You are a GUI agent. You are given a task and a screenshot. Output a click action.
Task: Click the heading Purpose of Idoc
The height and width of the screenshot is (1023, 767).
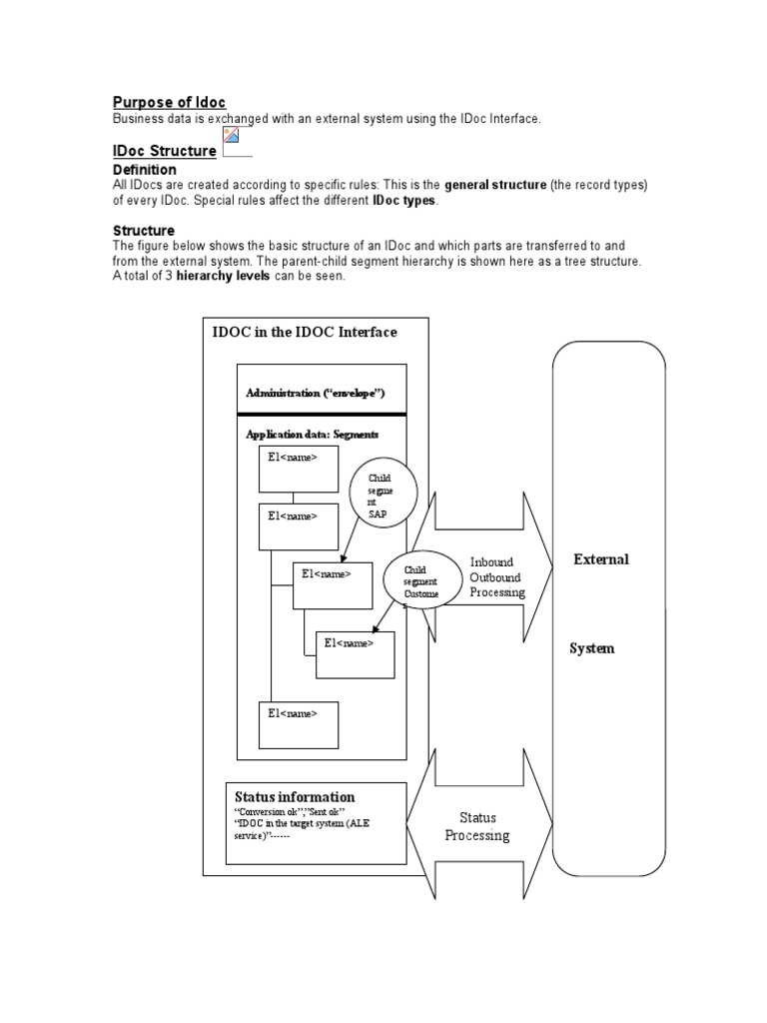coord(169,102)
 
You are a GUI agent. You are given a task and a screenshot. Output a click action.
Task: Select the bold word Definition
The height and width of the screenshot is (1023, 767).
coord(144,170)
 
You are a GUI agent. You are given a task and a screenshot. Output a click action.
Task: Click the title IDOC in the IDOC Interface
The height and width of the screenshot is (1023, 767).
coord(305,332)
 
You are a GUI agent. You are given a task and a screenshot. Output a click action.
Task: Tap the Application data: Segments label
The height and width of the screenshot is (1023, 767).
coord(312,435)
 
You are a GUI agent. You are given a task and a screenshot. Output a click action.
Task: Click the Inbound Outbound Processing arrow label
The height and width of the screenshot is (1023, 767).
coord(496,577)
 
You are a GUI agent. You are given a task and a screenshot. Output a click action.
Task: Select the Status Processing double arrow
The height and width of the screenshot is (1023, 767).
coord(477,826)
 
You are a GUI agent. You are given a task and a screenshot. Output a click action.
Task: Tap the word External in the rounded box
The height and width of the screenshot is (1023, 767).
coord(600,559)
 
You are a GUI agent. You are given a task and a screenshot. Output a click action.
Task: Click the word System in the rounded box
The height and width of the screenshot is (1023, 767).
coord(591,648)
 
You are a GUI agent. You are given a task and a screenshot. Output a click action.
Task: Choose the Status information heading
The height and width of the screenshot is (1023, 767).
coord(295,797)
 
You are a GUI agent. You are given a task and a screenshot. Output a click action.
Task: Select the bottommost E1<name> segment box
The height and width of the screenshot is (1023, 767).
coord(299,725)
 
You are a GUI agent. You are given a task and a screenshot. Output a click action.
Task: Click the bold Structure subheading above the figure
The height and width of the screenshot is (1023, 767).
coord(144,231)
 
